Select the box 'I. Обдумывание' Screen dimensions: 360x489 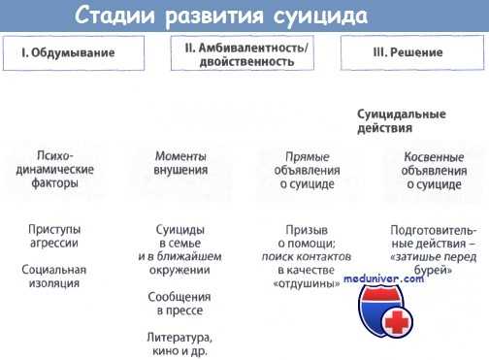[x=67, y=54]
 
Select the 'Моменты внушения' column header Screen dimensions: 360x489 [x=181, y=162]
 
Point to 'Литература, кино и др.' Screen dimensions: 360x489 [x=181, y=344]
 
